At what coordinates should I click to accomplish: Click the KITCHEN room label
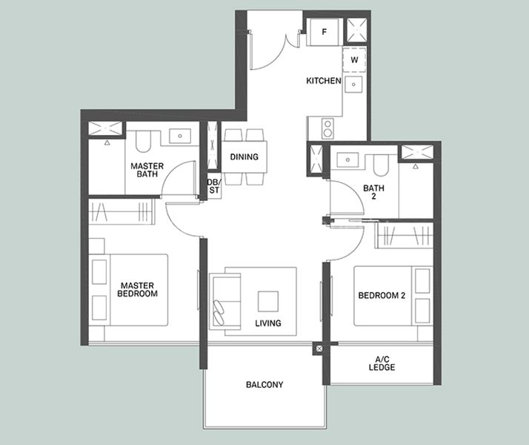[324, 81]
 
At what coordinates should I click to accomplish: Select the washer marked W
[354, 60]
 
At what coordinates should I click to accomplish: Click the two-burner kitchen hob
[327, 128]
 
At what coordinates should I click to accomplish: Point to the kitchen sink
[353, 84]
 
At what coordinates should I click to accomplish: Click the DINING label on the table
[244, 156]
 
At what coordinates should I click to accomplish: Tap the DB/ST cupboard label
[214, 186]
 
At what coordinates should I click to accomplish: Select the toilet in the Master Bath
[143, 142]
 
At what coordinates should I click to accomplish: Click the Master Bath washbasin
[180, 136]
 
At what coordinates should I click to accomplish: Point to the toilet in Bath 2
[381, 165]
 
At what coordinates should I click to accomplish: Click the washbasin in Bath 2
[347, 159]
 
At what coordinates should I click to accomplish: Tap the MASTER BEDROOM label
[137, 290]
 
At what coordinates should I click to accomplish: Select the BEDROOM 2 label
[382, 295]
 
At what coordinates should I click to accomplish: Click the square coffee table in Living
[268, 301]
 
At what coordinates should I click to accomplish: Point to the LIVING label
[268, 323]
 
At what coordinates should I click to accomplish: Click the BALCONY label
[264, 385]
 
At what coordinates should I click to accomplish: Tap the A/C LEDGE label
[382, 363]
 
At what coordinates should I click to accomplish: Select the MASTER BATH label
[147, 170]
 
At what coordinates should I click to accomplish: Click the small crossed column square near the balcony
[319, 349]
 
